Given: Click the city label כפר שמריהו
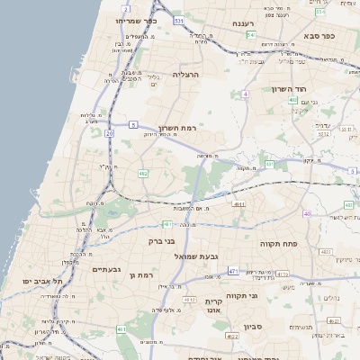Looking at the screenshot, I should (136, 20).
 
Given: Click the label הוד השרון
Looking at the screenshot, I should (290, 89).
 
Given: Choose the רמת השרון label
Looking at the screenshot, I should (177, 129).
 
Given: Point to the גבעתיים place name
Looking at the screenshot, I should (106, 269).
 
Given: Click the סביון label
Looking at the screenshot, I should (251, 327).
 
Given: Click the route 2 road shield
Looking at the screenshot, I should (125, 8).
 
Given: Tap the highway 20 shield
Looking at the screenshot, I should (109, 133).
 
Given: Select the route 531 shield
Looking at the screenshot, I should (180, 20).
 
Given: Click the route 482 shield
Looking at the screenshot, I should (142, 173).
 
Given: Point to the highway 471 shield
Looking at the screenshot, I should (233, 271).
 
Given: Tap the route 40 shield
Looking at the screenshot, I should (307, 213).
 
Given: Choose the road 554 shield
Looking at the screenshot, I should (320, 13).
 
